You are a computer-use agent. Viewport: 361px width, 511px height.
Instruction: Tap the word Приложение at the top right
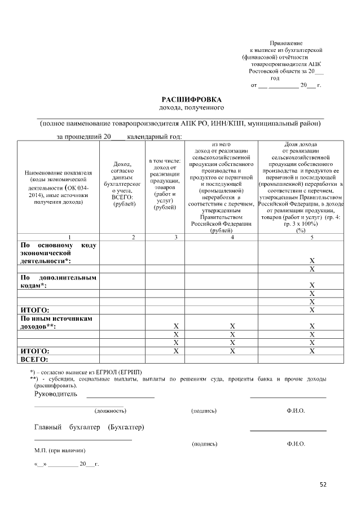click(286, 43)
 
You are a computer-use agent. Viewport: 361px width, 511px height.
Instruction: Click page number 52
click(323, 484)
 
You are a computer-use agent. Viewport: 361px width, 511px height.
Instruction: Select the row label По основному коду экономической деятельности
click(58, 254)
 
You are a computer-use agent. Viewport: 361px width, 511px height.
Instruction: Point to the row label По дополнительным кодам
click(58, 282)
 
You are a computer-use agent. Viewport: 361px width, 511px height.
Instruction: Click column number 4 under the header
click(222, 237)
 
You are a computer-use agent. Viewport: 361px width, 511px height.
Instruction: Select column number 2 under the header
click(133, 237)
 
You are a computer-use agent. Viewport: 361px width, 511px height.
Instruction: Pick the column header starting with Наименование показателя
click(58, 187)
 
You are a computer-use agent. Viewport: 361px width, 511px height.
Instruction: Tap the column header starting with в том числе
click(165, 184)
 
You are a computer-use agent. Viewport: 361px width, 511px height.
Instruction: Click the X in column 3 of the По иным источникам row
click(176, 326)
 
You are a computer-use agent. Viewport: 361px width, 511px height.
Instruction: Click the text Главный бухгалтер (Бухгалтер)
click(89, 427)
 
